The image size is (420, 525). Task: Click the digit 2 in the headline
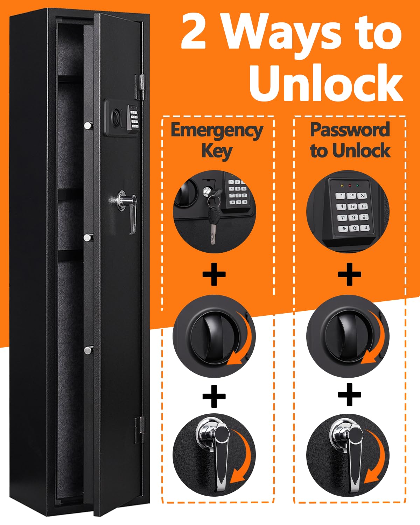194,34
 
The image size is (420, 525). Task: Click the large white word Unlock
325,83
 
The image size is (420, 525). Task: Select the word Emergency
217,130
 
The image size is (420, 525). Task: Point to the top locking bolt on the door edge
89,125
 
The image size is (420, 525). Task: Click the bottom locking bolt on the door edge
89,349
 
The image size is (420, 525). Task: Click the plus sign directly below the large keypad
349,275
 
